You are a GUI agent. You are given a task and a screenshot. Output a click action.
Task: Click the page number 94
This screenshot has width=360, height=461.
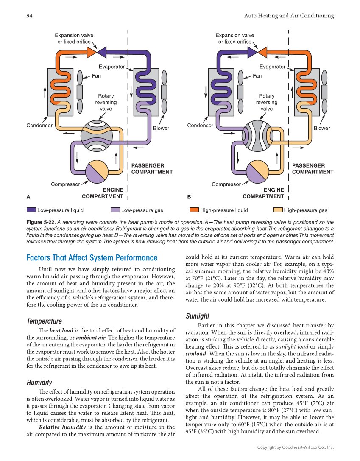tap(29, 16)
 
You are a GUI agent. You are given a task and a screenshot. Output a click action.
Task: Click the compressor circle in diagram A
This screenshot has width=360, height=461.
tap(97, 172)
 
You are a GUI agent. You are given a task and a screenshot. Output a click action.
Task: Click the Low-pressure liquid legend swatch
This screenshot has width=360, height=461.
tap(31, 210)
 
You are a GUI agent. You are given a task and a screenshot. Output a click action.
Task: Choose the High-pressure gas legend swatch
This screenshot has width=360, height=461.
tap(278, 210)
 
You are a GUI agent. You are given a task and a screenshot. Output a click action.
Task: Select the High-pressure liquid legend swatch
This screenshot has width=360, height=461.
tap(194, 210)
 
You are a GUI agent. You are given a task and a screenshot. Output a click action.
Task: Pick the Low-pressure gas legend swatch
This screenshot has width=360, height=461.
tap(115, 210)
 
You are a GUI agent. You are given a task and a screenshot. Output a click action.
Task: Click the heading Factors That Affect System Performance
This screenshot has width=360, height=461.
tap(92, 258)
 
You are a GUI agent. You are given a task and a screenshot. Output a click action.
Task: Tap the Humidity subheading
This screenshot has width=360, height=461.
tap(39, 382)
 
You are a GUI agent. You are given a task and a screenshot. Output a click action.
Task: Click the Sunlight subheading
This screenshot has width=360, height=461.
tap(198, 316)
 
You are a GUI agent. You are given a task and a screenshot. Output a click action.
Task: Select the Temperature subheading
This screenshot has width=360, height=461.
tap(44, 321)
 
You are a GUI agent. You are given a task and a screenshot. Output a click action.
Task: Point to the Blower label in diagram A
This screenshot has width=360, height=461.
tap(161, 128)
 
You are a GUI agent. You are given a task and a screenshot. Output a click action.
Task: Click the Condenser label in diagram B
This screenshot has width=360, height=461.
tap(200, 125)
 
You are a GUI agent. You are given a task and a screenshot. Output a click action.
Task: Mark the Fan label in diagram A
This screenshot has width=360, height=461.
tap(97, 76)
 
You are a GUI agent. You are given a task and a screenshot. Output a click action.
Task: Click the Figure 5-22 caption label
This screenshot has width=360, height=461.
tap(41, 222)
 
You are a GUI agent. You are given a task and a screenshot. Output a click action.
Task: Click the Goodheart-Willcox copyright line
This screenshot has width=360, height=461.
tap(296, 447)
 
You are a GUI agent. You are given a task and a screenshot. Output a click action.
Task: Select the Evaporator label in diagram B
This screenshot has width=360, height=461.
tap(272, 67)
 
